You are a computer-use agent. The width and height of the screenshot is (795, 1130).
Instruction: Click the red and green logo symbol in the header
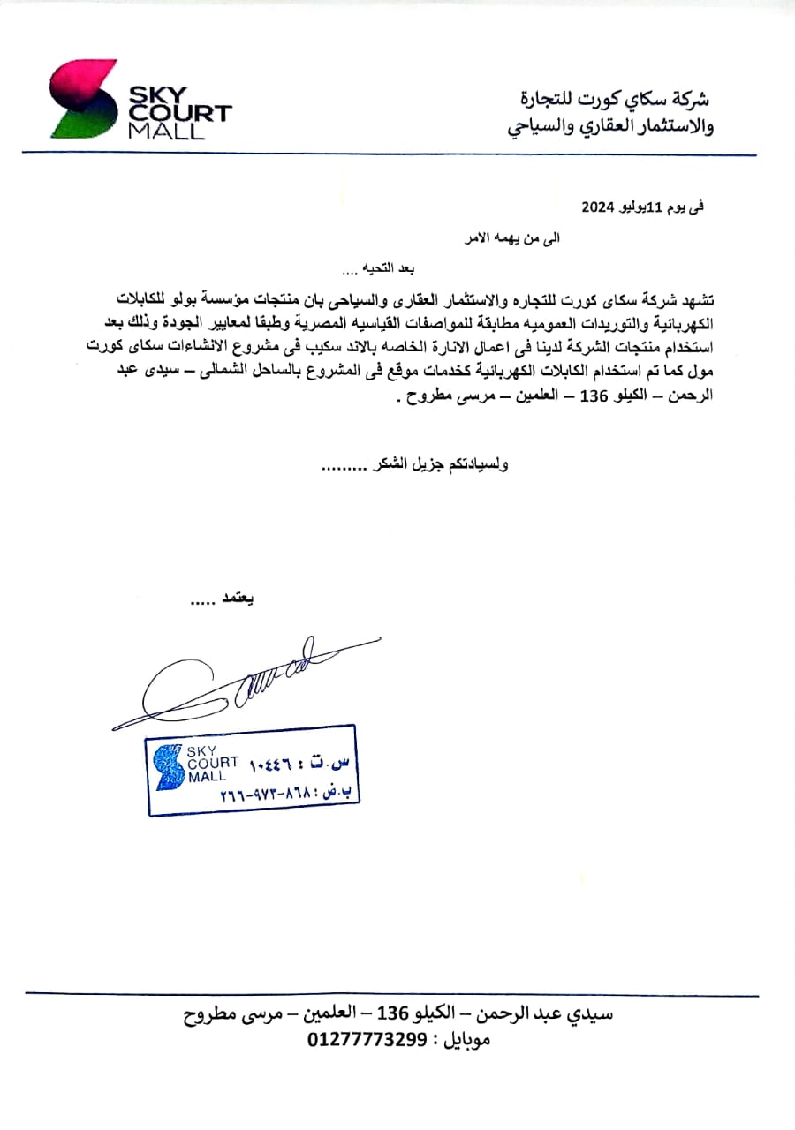pos(82,99)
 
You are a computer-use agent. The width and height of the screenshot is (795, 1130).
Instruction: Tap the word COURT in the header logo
pos(180,113)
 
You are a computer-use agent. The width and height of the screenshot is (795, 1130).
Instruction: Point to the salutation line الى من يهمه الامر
pos(513,238)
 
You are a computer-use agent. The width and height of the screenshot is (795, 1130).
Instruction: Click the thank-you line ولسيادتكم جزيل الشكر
pos(414,465)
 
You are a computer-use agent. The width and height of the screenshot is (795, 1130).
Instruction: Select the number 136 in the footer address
pos(391,1013)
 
